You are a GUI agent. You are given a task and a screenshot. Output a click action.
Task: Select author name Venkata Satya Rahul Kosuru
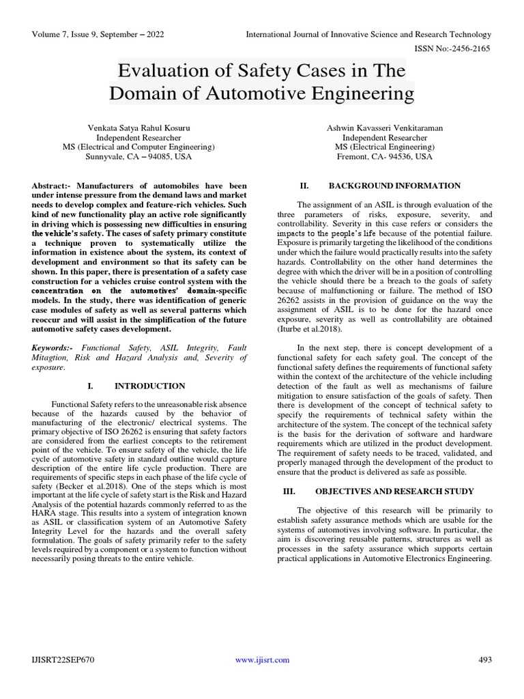[139, 127]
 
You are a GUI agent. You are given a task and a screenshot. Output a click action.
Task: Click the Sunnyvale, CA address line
[139, 156]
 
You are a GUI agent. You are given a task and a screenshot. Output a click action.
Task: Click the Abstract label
[52, 186]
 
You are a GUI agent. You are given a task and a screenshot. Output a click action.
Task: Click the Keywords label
[52, 347]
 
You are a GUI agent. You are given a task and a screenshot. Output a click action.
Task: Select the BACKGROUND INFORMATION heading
[394, 186]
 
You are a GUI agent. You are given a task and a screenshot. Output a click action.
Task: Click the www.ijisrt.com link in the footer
[262, 659]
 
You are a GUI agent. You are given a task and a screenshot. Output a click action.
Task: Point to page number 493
[484, 659]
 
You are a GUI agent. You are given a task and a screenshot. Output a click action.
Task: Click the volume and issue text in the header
[98, 34]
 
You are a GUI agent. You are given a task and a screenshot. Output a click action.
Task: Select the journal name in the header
[368, 34]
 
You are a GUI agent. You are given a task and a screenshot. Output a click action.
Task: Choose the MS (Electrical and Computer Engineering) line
[139, 147]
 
